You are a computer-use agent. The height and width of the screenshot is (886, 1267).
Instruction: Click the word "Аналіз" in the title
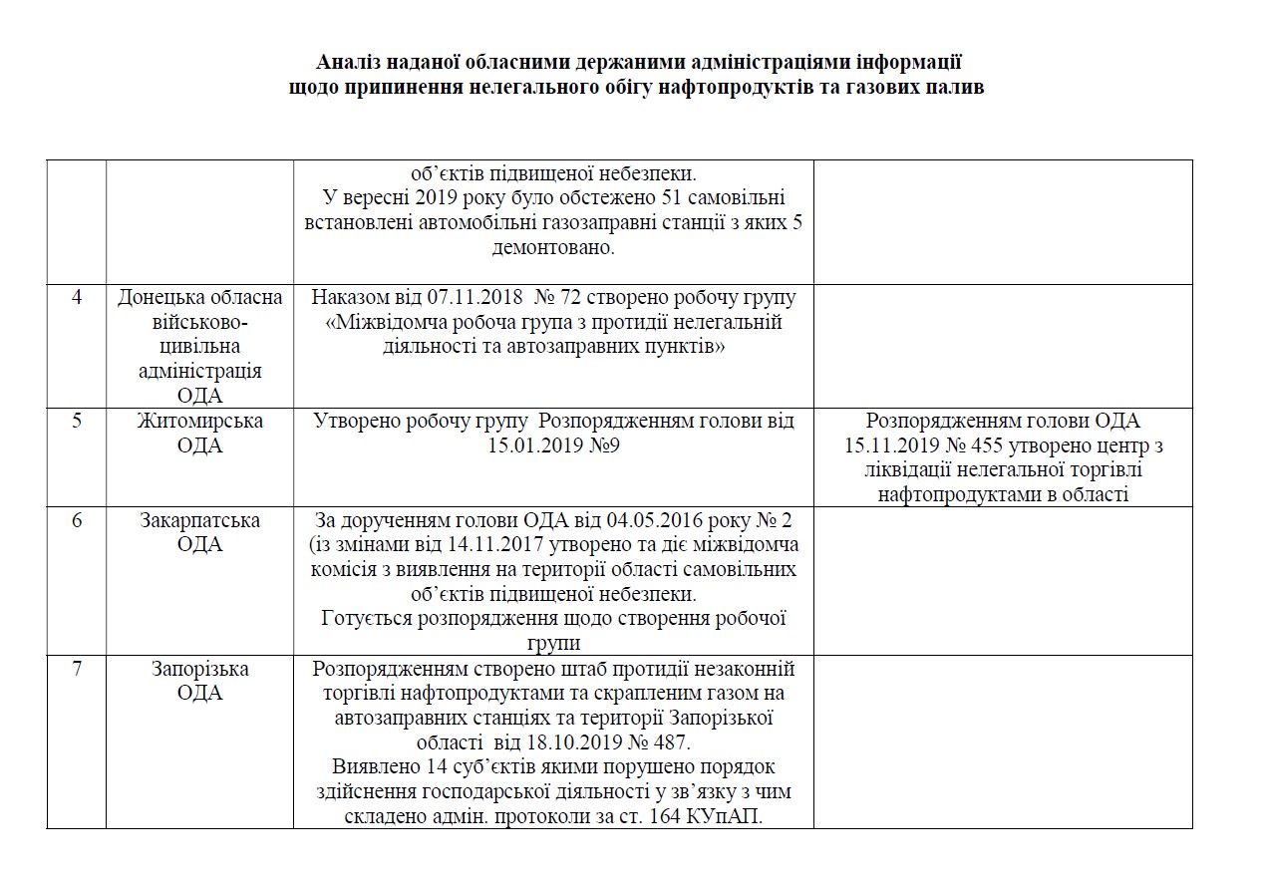344,62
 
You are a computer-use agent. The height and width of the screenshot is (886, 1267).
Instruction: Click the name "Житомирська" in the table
200,421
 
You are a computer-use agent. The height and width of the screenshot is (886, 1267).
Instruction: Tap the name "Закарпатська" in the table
200,520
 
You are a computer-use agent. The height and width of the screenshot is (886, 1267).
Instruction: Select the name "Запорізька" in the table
200,669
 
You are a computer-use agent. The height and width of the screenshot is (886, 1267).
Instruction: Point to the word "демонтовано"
554,247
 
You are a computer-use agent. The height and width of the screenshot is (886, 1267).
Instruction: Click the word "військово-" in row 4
200,322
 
